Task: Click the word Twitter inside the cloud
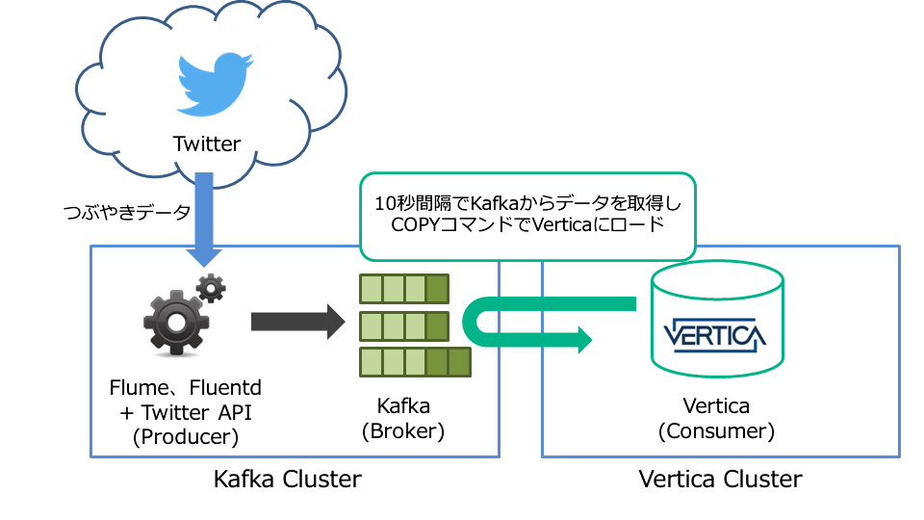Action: pos(206,144)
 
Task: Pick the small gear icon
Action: pos(212,287)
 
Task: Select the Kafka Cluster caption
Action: pos(287,479)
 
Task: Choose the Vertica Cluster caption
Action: pos(719,479)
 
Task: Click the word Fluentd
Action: pos(225,388)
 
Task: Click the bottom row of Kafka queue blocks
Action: pos(415,362)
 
